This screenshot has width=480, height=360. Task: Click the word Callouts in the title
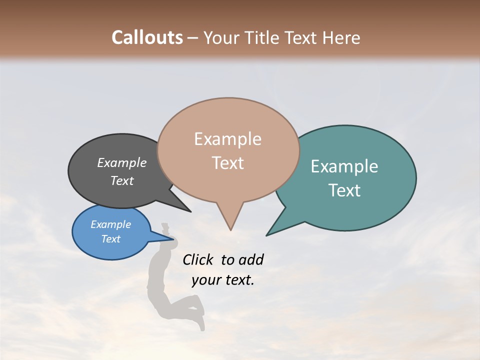pos(147,37)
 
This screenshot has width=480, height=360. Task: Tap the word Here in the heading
pos(341,37)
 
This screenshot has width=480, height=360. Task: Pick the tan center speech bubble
pos(228,180)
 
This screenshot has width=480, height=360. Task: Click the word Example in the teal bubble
pos(344,166)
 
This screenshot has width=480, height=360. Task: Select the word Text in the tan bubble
pos(228,163)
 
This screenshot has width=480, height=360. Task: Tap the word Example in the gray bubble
pos(122,163)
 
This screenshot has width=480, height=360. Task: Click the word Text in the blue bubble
pos(111,239)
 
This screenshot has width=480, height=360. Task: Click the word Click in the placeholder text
pos(198,259)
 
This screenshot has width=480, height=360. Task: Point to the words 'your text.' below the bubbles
pos(223,280)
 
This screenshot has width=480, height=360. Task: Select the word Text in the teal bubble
pos(345,190)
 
